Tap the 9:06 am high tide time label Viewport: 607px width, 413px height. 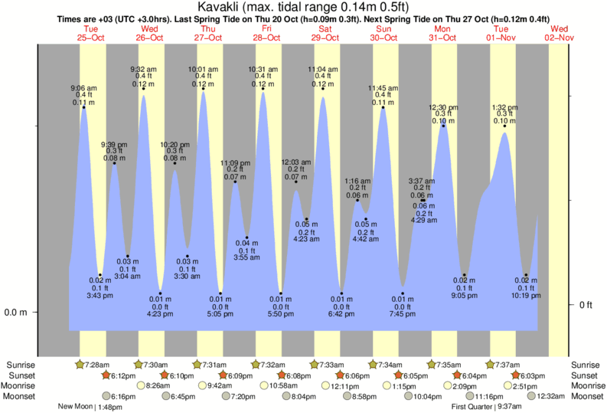click(84, 87)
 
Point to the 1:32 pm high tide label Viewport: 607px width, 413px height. click(504, 107)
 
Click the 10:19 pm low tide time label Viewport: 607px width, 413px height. click(526, 295)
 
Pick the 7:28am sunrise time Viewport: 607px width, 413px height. click(97, 364)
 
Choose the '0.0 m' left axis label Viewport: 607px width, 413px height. click(16, 313)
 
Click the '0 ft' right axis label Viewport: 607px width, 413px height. click(586, 305)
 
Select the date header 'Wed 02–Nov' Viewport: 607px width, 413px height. click(558, 33)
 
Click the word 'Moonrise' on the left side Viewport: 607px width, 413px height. click(21, 385)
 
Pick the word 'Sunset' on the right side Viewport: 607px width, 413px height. click(587, 375)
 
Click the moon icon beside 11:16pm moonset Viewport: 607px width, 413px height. click(467, 396)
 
